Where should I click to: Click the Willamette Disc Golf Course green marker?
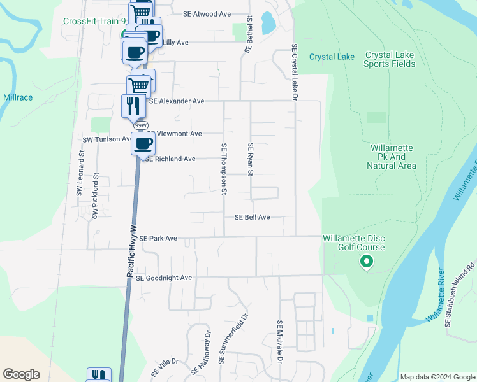point(366,261)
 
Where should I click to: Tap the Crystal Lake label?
point(332,57)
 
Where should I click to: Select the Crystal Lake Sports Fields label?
point(390,59)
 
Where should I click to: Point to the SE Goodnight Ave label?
point(164,278)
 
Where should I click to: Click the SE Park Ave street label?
point(158,238)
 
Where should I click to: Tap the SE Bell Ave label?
point(253,217)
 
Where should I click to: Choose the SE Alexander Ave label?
point(177,101)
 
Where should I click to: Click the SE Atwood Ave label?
point(207,13)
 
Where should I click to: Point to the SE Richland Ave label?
point(170,159)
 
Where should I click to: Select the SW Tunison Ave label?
point(107,139)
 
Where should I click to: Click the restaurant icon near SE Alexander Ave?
point(133,105)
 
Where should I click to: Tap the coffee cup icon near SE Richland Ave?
point(143,143)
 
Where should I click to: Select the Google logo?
point(21,374)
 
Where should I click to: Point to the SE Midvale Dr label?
point(279,342)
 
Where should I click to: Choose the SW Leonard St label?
point(80,173)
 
